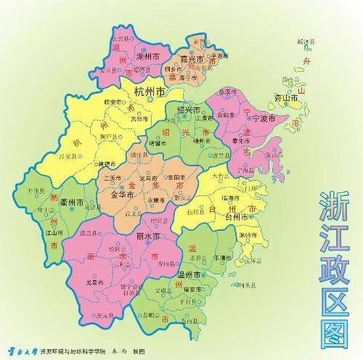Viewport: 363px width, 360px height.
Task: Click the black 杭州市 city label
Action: click(146, 92)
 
